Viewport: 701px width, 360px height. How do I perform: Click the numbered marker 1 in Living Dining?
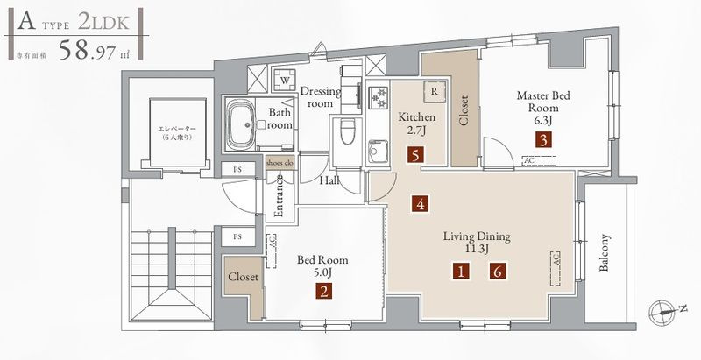tap(461, 272)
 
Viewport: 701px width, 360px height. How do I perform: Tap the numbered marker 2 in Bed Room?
tap(324, 293)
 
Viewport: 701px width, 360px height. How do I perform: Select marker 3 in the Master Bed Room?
tap(544, 138)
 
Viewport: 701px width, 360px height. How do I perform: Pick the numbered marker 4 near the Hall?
tap(421, 205)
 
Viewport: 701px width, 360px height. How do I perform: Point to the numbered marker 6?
tap(498, 272)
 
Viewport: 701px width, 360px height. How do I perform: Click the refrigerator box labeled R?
tap(435, 90)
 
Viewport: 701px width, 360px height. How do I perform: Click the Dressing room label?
tap(317, 96)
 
